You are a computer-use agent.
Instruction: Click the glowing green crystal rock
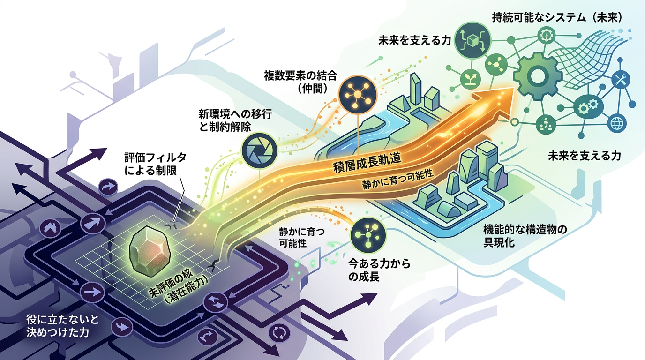150,251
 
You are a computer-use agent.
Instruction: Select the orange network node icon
357,94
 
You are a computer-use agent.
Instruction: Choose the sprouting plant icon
471,79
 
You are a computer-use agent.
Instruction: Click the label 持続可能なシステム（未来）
557,18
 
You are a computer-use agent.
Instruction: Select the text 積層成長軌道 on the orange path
367,163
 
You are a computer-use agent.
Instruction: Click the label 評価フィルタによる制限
156,164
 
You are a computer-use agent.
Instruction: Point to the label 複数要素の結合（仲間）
300,82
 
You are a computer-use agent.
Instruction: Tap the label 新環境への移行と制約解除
235,120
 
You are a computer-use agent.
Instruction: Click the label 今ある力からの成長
379,270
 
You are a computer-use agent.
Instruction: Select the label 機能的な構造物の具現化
525,236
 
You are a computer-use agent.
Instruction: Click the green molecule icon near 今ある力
368,235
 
